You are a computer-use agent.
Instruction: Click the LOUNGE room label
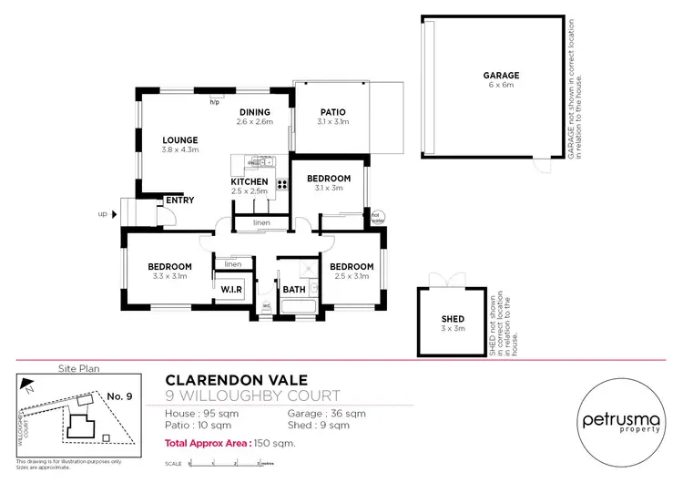click(179, 140)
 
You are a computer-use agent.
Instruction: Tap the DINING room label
click(254, 112)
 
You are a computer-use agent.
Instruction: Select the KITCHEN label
click(249, 181)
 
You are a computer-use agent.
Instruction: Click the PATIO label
click(332, 112)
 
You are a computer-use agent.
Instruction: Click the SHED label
click(453, 318)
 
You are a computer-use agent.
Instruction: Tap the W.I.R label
click(230, 289)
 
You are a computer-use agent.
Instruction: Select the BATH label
click(293, 289)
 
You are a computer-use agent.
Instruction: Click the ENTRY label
click(179, 200)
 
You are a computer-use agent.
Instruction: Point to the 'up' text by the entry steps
click(103, 214)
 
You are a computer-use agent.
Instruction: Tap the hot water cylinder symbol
click(377, 217)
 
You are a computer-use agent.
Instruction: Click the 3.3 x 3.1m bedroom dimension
click(171, 276)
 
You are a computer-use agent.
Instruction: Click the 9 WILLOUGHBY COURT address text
click(252, 396)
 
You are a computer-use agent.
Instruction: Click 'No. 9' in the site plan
click(120, 396)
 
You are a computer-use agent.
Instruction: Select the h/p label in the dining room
click(215, 102)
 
